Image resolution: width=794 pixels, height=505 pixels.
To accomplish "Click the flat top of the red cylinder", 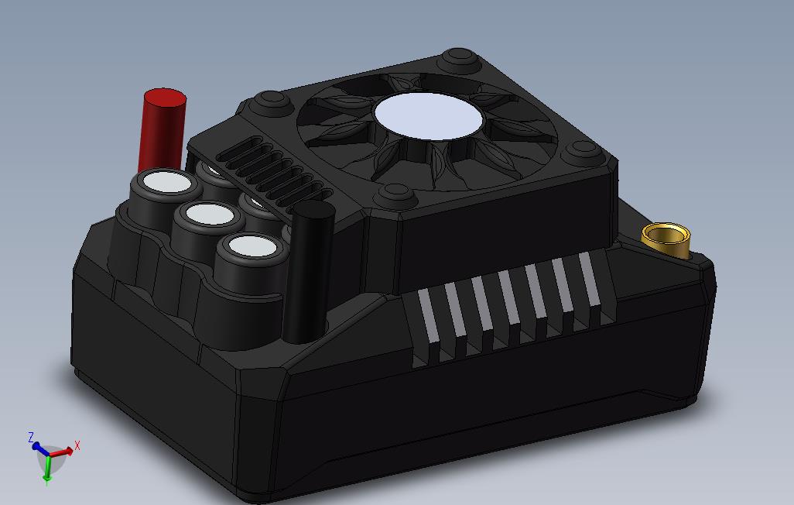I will (164, 98).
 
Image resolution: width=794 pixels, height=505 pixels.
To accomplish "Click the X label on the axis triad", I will (77, 447).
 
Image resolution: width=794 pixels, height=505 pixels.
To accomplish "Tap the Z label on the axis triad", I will (31, 438).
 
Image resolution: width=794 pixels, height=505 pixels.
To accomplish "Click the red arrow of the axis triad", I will (63, 452).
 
